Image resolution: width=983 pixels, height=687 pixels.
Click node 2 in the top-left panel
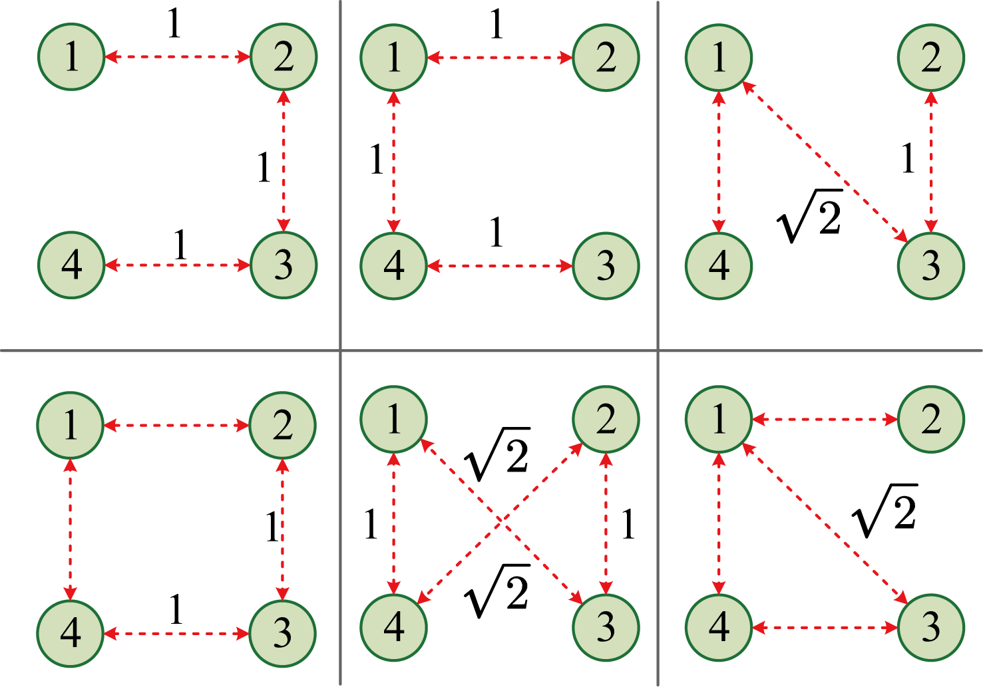284,57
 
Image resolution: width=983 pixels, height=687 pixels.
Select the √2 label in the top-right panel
811,217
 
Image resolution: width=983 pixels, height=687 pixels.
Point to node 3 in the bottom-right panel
930,626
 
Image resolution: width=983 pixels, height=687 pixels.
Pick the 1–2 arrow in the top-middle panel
500,58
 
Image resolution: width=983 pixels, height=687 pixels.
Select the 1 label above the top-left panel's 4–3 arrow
180,245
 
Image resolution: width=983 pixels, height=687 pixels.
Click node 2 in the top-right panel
930,57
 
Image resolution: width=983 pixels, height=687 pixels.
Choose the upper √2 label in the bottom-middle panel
498,455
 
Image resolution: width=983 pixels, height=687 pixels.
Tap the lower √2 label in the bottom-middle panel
498,591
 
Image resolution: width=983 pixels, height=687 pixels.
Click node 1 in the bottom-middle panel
394,419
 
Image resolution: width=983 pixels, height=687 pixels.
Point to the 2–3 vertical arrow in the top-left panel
284,160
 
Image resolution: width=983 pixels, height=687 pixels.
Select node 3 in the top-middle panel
606,265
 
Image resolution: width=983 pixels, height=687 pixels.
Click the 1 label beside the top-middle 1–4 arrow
377,160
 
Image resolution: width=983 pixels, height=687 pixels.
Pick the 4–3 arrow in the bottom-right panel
825,627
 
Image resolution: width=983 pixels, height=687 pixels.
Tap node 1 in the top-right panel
719,57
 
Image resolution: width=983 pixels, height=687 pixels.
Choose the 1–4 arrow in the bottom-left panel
71,529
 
